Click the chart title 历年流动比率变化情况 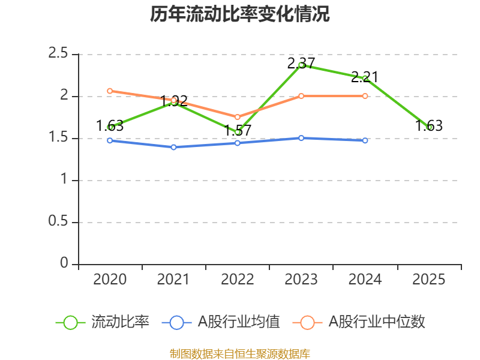coord(240,14)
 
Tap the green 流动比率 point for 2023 coord(301,65)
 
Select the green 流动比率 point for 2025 coord(429,127)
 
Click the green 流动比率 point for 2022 coord(238,132)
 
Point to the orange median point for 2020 coord(110,91)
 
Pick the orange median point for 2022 coord(238,117)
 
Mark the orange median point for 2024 coord(365,96)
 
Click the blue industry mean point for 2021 coord(174,147)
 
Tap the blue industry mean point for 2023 coord(301,138)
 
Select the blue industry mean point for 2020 coord(110,140)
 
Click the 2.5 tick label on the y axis coord(59,54)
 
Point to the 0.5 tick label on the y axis coord(59,222)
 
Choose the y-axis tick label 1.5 coord(59,138)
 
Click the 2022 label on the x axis coord(238,280)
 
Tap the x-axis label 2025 coord(429,280)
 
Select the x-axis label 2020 coord(110,280)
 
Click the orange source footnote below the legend coord(240,353)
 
